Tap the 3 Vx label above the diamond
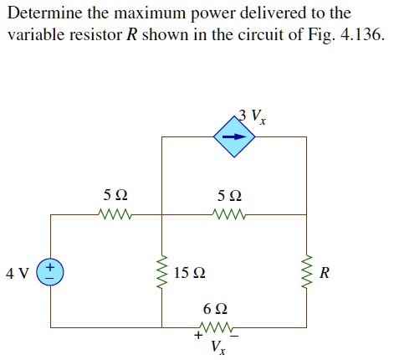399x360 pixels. pos(252,116)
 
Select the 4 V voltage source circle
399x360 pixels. pos(51,272)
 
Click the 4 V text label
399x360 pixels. pos(17,273)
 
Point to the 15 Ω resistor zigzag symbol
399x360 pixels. pos(161,272)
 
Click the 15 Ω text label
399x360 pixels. pos(191,273)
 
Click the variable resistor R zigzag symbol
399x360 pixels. pos(306,272)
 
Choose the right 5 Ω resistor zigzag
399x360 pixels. pos(228,213)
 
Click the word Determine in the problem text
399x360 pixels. pos(41,14)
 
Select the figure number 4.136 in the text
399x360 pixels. pos(364,38)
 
